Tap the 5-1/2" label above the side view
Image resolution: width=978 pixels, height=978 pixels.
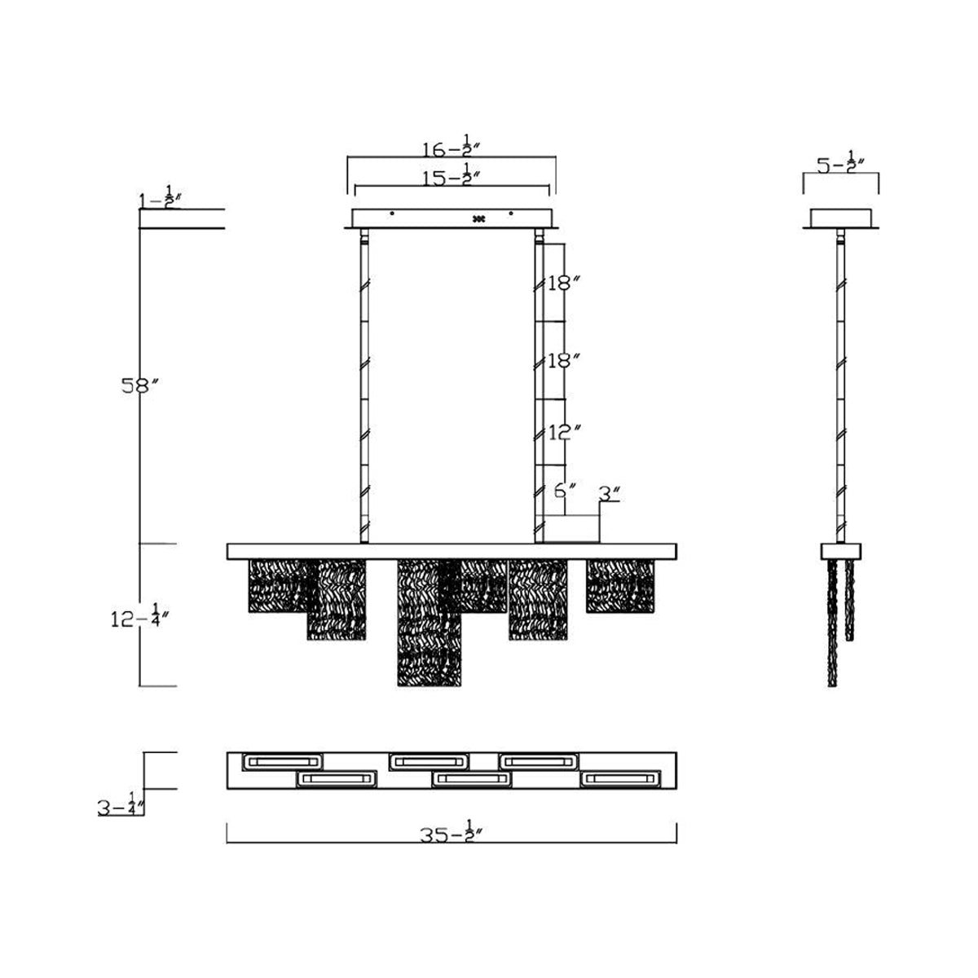click(x=841, y=162)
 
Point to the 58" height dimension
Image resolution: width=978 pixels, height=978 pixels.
click(x=136, y=386)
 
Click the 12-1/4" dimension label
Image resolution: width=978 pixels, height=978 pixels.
click(x=139, y=617)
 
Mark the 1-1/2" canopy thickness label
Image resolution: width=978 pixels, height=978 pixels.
click(x=158, y=198)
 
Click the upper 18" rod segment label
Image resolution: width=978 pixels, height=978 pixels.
click(x=563, y=284)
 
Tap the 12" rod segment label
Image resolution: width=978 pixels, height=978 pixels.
click(x=563, y=433)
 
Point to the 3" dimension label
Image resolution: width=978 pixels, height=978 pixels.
click(x=610, y=493)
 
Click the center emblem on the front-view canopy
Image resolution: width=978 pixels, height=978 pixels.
click(x=478, y=218)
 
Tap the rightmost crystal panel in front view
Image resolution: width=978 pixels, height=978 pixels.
click(x=620, y=586)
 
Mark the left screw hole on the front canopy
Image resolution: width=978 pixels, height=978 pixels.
click(x=392, y=214)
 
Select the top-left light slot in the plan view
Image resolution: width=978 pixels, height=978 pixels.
click(x=282, y=761)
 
